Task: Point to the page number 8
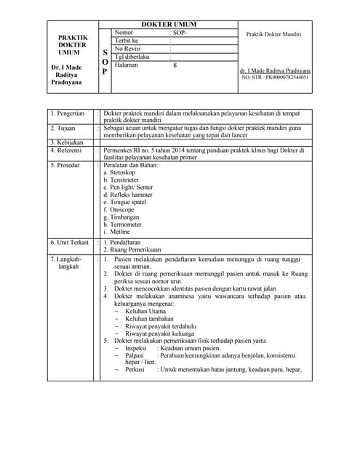(x=175, y=65)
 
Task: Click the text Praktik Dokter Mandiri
(x=273, y=34)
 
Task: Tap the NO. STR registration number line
(x=274, y=76)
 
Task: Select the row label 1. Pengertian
(x=67, y=114)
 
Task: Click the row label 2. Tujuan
(x=63, y=127)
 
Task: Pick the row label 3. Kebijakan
(x=66, y=142)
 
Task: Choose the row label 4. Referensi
(x=67, y=150)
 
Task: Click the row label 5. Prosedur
(x=65, y=166)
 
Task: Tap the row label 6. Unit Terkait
(x=69, y=242)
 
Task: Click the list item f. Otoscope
(x=124, y=210)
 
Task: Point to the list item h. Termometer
(x=128, y=225)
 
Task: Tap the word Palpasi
(x=135, y=355)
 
